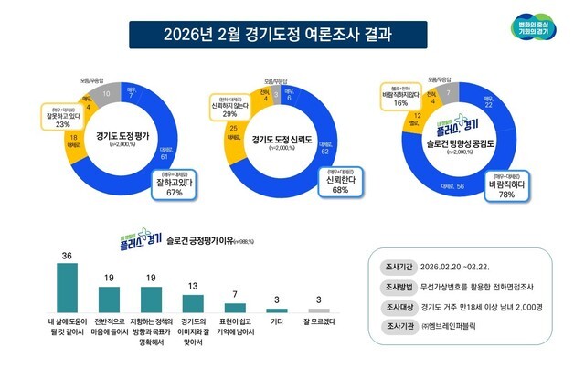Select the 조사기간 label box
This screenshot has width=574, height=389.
[x=397, y=267]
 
